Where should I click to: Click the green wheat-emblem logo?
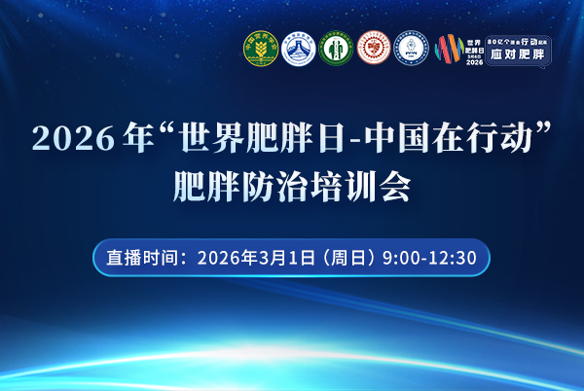click(x=261, y=49)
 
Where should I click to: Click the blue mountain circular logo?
click(x=299, y=49)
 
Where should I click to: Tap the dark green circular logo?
click(x=336, y=49)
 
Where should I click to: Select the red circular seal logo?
click(x=374, y=49)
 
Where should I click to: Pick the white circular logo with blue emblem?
click(x=412, y=49)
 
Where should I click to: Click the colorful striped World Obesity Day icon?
click(x=448, y=50)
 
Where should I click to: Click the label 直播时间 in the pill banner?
click(x=139, y=258)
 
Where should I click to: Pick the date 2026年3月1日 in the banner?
click(x=256, y=258)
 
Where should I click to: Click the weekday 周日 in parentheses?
click(x=348, y=258)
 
